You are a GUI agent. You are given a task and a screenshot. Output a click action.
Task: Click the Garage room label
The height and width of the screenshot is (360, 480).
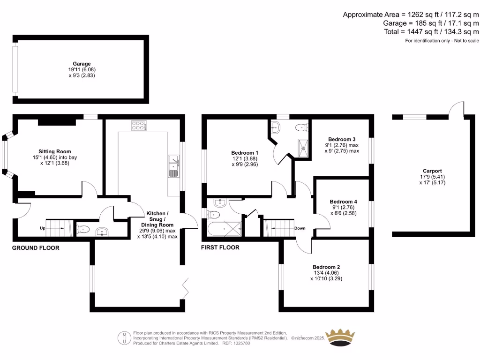point(82,64)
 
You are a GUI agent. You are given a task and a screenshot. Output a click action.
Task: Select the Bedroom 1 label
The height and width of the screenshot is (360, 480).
point(244,153)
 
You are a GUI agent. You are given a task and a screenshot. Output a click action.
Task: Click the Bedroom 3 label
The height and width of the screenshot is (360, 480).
point(342,139)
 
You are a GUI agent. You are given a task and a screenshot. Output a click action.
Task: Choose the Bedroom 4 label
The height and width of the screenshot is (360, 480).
point(343,202)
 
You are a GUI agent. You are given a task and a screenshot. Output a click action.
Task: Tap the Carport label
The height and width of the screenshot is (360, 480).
point(432,171)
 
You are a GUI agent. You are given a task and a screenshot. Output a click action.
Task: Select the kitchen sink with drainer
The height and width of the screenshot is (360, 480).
point(173,166)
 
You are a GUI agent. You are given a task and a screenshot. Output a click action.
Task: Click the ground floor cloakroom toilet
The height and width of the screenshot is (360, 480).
point(83,230)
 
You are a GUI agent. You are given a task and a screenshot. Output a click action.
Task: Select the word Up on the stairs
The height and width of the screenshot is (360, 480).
point(43,228)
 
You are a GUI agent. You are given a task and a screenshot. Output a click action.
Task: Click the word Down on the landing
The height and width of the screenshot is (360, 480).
point(300,228)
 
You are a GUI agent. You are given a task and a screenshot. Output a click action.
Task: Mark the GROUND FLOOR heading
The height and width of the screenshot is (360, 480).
point(36,247)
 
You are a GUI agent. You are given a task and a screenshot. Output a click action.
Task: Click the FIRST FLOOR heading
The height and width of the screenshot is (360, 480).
point(220,247)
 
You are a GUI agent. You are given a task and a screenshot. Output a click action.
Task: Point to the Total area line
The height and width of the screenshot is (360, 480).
point(431,31)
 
